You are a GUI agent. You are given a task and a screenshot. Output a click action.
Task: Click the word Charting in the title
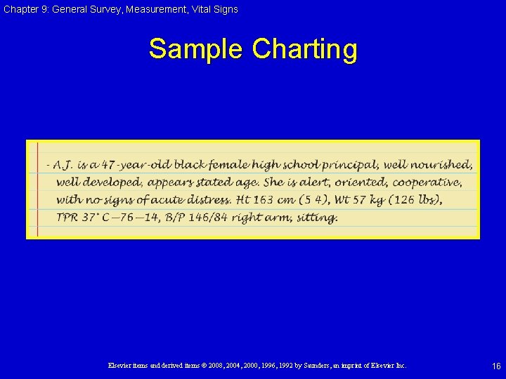pos(304,50)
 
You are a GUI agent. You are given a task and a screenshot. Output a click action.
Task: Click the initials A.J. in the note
pos(63,165)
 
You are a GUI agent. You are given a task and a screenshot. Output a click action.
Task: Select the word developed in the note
pos(114,182)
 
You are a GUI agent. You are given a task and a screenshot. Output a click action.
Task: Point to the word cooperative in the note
pos(427,182)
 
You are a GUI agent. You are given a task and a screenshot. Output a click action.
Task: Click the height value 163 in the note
pos(264,200)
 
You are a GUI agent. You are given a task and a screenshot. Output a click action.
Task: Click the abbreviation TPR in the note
pos(67,218)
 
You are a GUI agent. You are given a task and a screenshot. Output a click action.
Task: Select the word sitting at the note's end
pos(317,218)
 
